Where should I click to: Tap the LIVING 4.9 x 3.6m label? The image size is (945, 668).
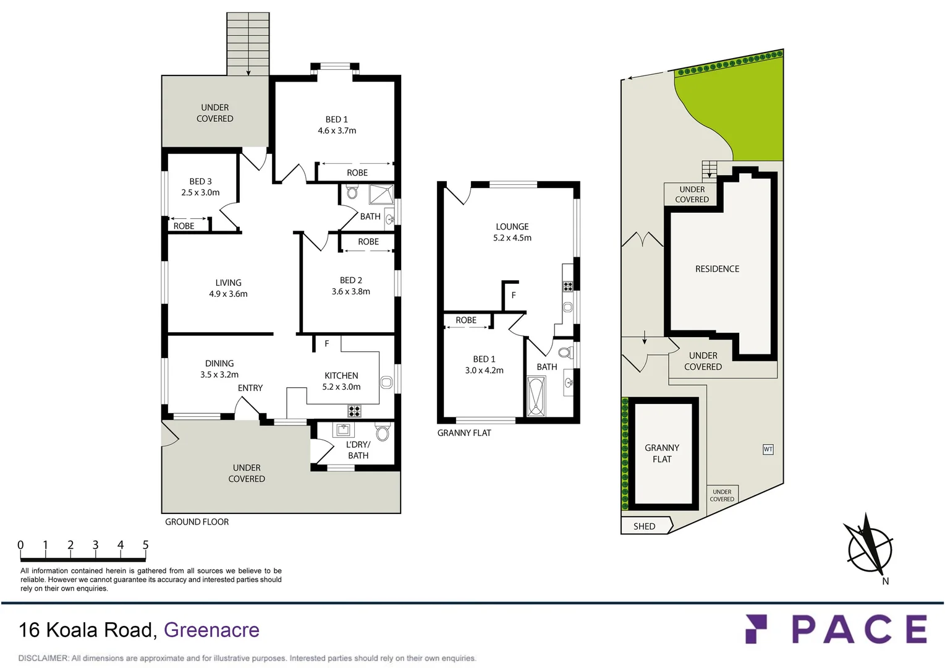[x=228, y=288]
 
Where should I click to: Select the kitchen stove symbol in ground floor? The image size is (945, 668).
[x=354, y=411]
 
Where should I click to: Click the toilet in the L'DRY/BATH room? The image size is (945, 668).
[x=383, y=432]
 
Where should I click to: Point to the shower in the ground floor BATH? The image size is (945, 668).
[x=381, y=194]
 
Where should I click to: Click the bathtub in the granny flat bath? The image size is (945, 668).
[x=535, y=396]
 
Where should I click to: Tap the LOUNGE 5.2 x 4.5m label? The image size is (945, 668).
[x=512, y=232]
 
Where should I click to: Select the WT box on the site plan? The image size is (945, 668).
[x=768, y=450]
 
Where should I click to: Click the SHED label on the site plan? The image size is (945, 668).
[x=644, y=526]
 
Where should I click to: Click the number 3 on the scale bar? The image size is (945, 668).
[x=95, y=545]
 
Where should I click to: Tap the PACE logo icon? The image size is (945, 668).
[x=756, y=629]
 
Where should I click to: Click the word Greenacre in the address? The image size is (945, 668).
[x=211, y=630]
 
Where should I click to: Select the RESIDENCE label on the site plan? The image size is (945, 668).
[x=717, y=269]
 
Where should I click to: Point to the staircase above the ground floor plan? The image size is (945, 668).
[x=248, y=43]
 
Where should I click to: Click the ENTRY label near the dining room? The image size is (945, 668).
[x=250, y=388]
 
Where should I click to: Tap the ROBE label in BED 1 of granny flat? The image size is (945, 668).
[x=466, y=320]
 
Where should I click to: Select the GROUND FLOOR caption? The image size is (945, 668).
[x=197, y=522]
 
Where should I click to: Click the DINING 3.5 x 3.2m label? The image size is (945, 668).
[x=219, y=369]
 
